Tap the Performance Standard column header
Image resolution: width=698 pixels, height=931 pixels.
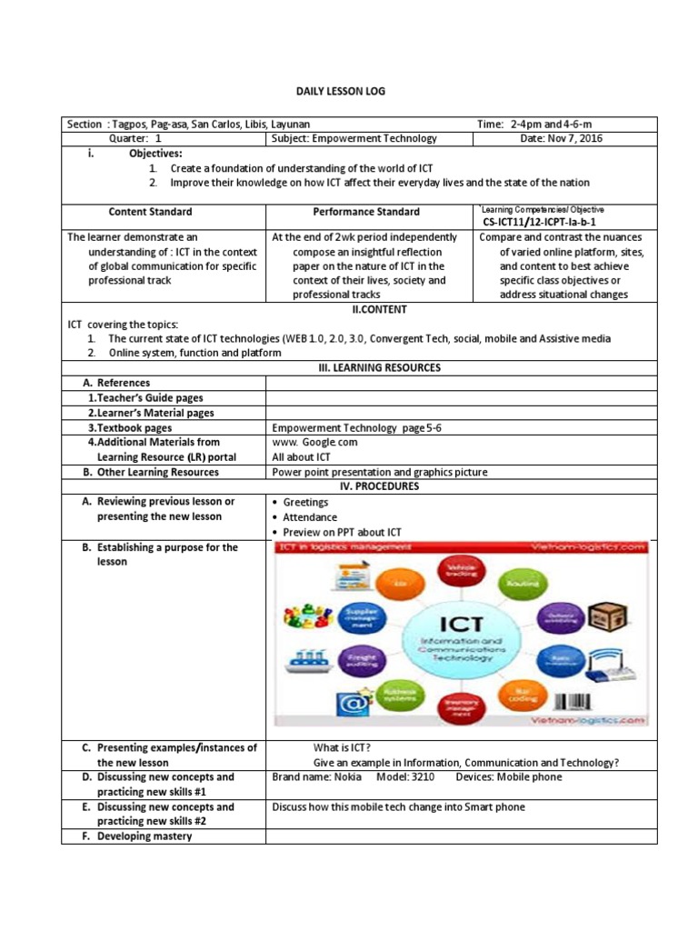[x=366, y=212]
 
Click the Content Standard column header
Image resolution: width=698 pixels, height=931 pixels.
[x=150, y=212]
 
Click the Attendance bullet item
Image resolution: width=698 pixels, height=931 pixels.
[x=310, y=516]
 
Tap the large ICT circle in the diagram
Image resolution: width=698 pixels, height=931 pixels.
[x=465, y=639]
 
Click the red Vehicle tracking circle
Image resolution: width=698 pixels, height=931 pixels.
[x=459, y=571]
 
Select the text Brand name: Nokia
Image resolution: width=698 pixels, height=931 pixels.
[x=316, y=777]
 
